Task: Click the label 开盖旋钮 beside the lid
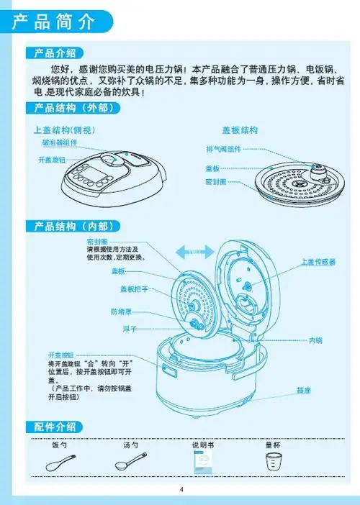[52, 159]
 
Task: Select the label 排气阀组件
[223, 149]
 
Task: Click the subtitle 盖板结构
[240, 130]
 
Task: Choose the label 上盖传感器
[318, 263]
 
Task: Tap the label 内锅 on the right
[315, 340]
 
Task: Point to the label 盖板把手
[134, 289]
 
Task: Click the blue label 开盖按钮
[61, 355]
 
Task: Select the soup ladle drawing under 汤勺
[130, 462]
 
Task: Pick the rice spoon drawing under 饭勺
[59, 463]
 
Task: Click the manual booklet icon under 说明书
[202, 464]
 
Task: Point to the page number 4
[181, 490]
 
